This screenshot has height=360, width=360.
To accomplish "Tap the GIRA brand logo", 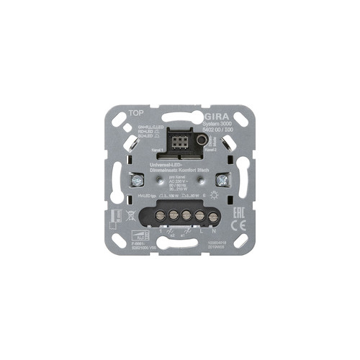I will (219, 114).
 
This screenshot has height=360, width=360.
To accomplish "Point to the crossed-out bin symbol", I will (131, 215).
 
